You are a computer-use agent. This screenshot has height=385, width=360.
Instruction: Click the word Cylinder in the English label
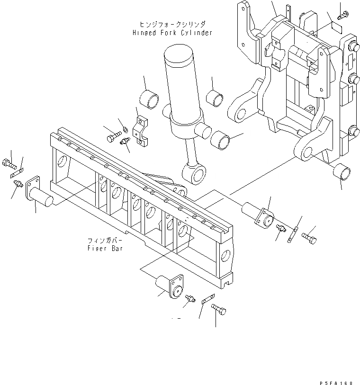[196, 33]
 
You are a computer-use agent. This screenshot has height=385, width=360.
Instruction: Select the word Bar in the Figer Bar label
[117, 249]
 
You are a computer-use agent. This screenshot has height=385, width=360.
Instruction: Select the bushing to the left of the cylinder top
[149, 99]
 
